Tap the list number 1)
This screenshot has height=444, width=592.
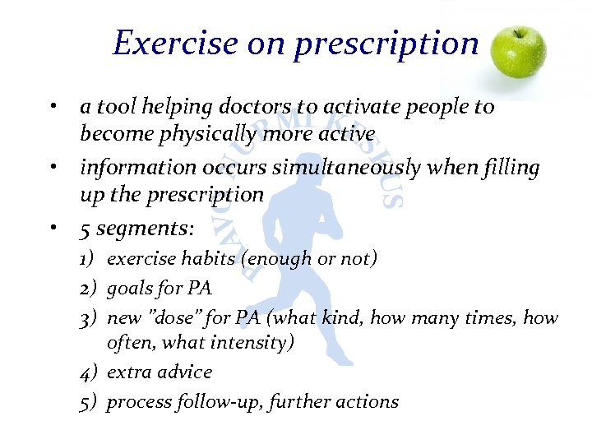coord(89,260)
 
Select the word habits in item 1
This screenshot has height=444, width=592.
coord(201,259)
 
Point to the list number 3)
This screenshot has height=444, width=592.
coord(89,318)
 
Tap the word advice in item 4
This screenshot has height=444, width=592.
coord(183,372)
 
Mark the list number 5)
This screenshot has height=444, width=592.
coord(89,402)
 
